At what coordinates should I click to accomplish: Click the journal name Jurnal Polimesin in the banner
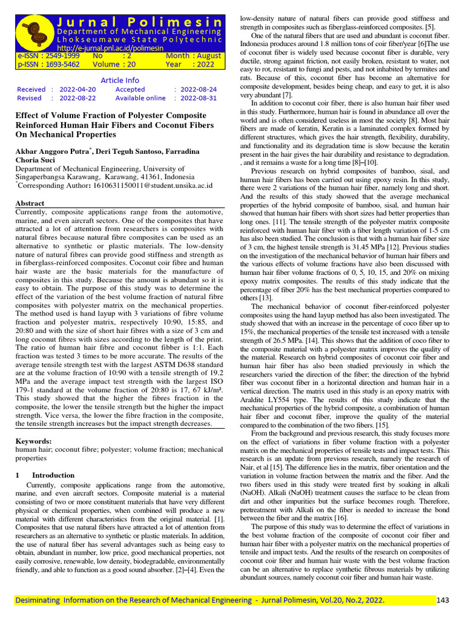coord(139,21)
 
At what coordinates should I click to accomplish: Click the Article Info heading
coord(119,80)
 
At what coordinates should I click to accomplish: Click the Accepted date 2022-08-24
coord(199,89)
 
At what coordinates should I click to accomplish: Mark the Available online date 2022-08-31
coord(199,98)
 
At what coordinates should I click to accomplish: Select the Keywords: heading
coord(33,441)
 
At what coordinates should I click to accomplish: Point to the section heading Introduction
coord(53,475)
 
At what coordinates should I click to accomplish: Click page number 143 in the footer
coord(443,600)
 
